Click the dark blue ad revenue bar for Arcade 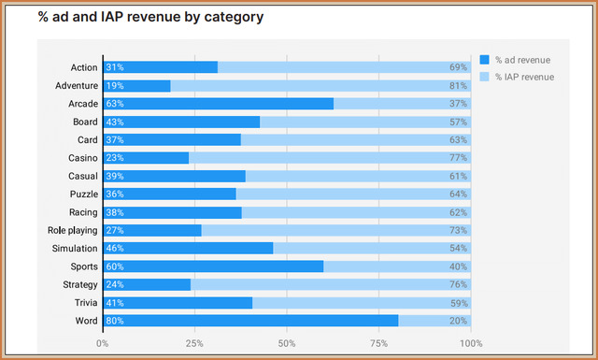218,104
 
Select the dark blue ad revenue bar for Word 250,321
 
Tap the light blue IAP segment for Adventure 320,85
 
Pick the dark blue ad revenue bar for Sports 213,266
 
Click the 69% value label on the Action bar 458,67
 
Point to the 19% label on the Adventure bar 115,85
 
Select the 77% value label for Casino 458,158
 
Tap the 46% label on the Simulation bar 115,248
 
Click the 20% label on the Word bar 458,321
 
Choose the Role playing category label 73,230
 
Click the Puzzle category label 84,194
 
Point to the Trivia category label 86,303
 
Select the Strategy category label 80,285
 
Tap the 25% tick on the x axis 194,343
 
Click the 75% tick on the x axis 378,343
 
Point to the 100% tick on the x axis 471,343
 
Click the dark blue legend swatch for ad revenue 484,60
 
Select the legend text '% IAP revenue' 525,77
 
